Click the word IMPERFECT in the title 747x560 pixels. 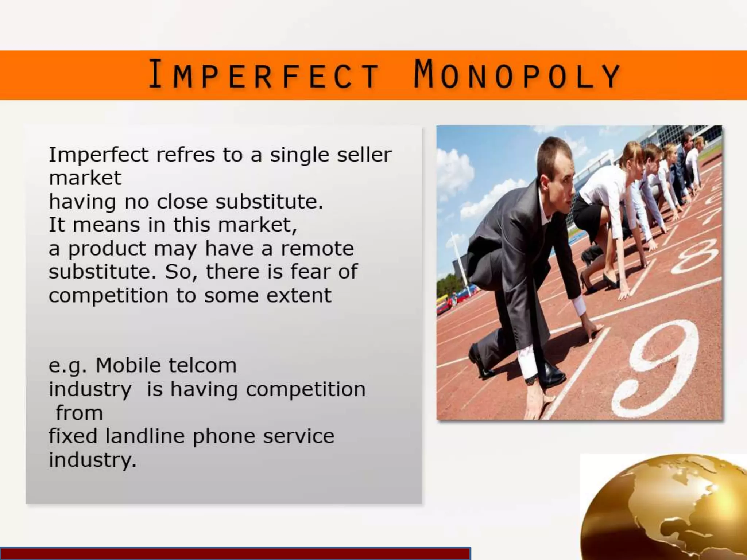coord(263,75)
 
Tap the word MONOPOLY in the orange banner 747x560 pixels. coord(517,75)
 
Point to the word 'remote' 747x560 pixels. coord(317,249)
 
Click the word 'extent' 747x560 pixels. coord(299,295)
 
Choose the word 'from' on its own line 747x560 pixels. coord(79,413)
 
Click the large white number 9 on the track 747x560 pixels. coord(657,368)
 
